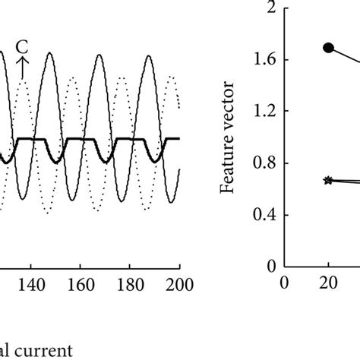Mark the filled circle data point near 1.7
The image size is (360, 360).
pos(328,47)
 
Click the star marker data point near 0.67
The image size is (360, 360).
pos(328,180)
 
